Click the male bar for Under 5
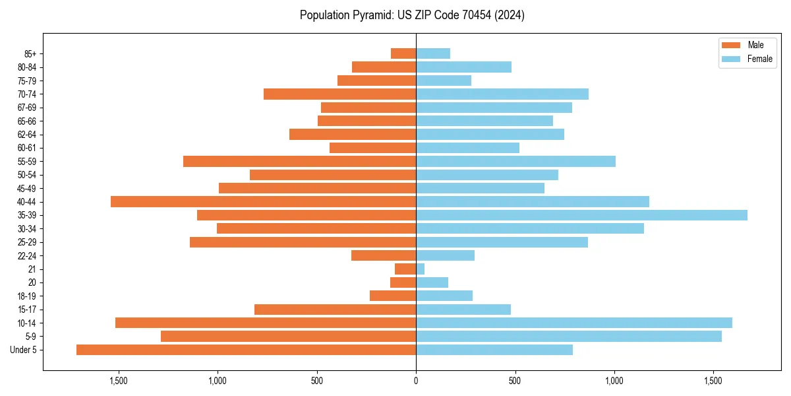pos(246,350)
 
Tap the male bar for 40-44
pos(263,201)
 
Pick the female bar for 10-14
pos(573,323)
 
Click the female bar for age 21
pos(421,269)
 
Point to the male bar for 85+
pos(403,53)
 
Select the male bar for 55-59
pos(299,161)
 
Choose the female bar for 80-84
pos(463,67)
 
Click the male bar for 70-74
pos(339,94)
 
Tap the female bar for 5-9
pos(568,337)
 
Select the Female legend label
pos(760,59)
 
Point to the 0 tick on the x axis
pos(416,381)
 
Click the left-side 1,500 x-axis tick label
pos(119,381)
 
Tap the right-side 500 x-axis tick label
pos(515,381)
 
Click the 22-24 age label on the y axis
pos(27,256)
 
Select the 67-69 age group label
pos(27,108)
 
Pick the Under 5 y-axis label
pos(24,350)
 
